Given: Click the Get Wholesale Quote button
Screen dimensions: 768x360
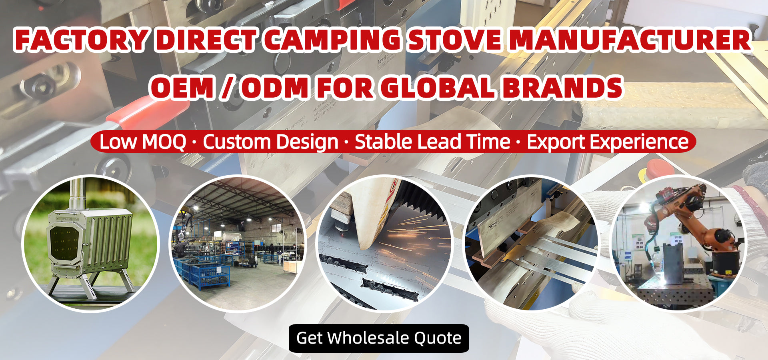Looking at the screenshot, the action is click(x=378, y=338).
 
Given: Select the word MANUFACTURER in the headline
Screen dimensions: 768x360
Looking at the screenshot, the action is click(x=630, y=40).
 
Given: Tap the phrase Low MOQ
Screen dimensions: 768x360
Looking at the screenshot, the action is click(x=143, y=142).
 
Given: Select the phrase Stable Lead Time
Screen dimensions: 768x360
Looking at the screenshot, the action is click(x=432, y=142).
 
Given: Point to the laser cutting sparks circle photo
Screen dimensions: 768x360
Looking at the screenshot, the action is click(x=384, y=244).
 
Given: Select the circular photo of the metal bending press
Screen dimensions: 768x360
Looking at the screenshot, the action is click(x=531, y=244).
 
